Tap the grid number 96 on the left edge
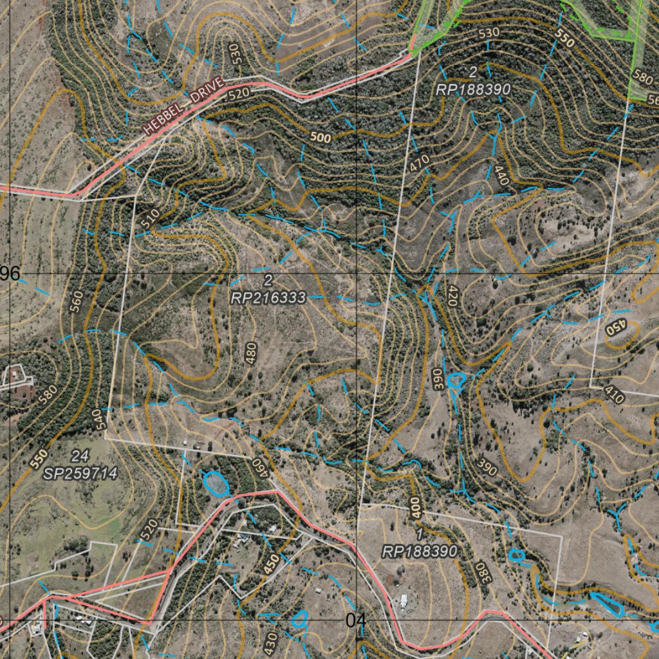point(10,274)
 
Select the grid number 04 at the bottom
point(355,620)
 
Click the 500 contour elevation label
point(320,138)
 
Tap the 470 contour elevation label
point(419,163)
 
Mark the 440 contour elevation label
point(501,176)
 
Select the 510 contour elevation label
point(150,218)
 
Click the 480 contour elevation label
point(251,353)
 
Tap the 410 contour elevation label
point(615,394)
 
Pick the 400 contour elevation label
point(414,506)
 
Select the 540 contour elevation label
point(97,420)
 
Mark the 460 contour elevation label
point(259,467)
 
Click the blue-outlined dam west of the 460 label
point(216,483)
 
